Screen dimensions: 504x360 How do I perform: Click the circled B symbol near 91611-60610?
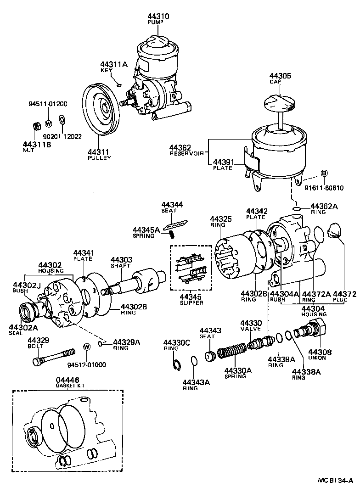click(x=323, y=173)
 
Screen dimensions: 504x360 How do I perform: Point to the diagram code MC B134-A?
click(x=335, y=493)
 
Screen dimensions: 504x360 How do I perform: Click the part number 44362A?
click(x=324, y=207)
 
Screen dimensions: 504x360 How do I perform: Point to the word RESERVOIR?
click(x=186, y=154)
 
